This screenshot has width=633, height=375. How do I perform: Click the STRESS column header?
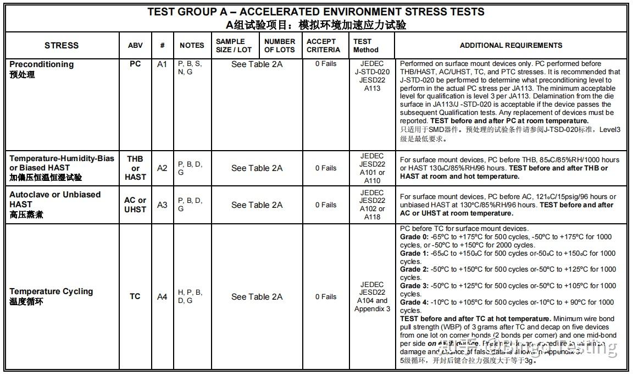62,46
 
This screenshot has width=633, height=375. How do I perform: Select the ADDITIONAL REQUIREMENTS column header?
510,46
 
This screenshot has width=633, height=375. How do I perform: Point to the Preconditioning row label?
42,64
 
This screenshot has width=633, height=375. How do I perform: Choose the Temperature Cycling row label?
51,291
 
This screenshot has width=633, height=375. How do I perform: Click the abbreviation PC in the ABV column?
135,64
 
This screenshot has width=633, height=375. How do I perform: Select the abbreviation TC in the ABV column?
135,296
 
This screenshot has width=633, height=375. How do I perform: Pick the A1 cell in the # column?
162,64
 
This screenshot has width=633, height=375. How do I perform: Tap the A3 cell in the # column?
162,205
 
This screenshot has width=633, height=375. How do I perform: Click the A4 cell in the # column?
162,297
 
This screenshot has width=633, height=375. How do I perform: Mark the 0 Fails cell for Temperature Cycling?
326,297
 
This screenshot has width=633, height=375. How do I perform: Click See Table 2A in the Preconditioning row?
257,64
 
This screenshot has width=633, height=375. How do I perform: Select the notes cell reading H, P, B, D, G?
190,296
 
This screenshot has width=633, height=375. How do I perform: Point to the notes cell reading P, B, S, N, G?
190,68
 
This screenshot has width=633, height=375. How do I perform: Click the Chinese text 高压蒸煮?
26,214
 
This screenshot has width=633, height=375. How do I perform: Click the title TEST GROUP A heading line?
316,12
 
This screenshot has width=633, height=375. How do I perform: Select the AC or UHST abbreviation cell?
135,205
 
